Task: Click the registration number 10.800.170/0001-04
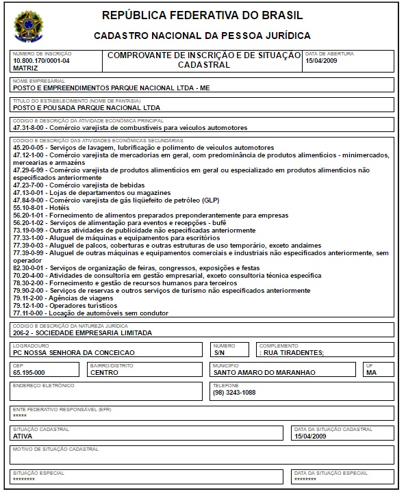pos(41,61)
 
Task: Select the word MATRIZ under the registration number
pos(26,68)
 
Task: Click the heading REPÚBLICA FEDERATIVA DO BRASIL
pos(202,16)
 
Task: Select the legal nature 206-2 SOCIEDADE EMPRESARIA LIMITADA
pos(83,333)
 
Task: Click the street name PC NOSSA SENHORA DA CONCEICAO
pos(73,353)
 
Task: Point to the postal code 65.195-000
pos(29,373)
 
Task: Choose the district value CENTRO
pos(105,373)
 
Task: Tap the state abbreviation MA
pos(371,373)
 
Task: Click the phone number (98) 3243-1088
pos(234,393)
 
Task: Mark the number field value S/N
pos(219,353)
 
